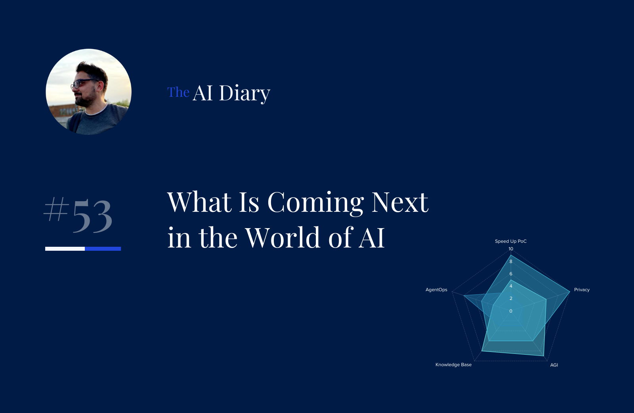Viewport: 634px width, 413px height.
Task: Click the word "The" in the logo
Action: pos(178,92)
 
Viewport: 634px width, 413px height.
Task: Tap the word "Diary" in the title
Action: pos(244,93)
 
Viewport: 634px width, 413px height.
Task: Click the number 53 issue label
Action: pos(92,216)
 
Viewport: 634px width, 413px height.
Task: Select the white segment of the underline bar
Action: pos(65,249)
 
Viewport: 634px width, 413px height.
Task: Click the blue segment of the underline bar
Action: pos(103,249)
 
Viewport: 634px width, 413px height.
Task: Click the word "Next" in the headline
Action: pos(400,202)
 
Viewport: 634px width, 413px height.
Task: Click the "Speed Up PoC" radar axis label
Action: pos(510,241)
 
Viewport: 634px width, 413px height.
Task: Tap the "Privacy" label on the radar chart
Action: pos(582,290)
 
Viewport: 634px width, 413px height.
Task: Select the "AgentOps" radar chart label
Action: pos(436,290)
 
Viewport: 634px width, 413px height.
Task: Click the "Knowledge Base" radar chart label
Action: pos(453,365)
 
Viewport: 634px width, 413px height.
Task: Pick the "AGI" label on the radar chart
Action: pos(554,365)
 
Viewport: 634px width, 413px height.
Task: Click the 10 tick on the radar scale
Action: pos(511,249)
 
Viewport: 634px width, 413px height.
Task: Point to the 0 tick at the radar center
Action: pos(511,311)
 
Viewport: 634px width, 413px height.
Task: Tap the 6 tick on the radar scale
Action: pos(511,274)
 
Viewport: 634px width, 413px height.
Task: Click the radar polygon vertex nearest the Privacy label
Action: pos(570,292)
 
